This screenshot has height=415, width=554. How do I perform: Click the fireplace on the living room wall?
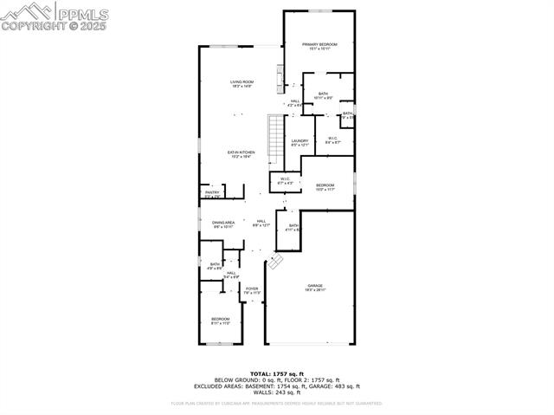pos(280,80)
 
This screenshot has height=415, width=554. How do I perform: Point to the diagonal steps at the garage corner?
pos(275,260)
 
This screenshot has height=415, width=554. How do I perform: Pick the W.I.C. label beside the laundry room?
pos(332,139)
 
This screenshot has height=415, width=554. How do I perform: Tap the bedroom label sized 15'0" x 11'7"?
pos(325,187)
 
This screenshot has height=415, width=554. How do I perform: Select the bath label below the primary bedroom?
pos(323,95)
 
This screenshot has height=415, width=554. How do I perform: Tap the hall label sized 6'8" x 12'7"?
pos(261,223)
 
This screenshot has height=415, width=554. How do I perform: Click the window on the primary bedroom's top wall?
pos(319,10)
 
